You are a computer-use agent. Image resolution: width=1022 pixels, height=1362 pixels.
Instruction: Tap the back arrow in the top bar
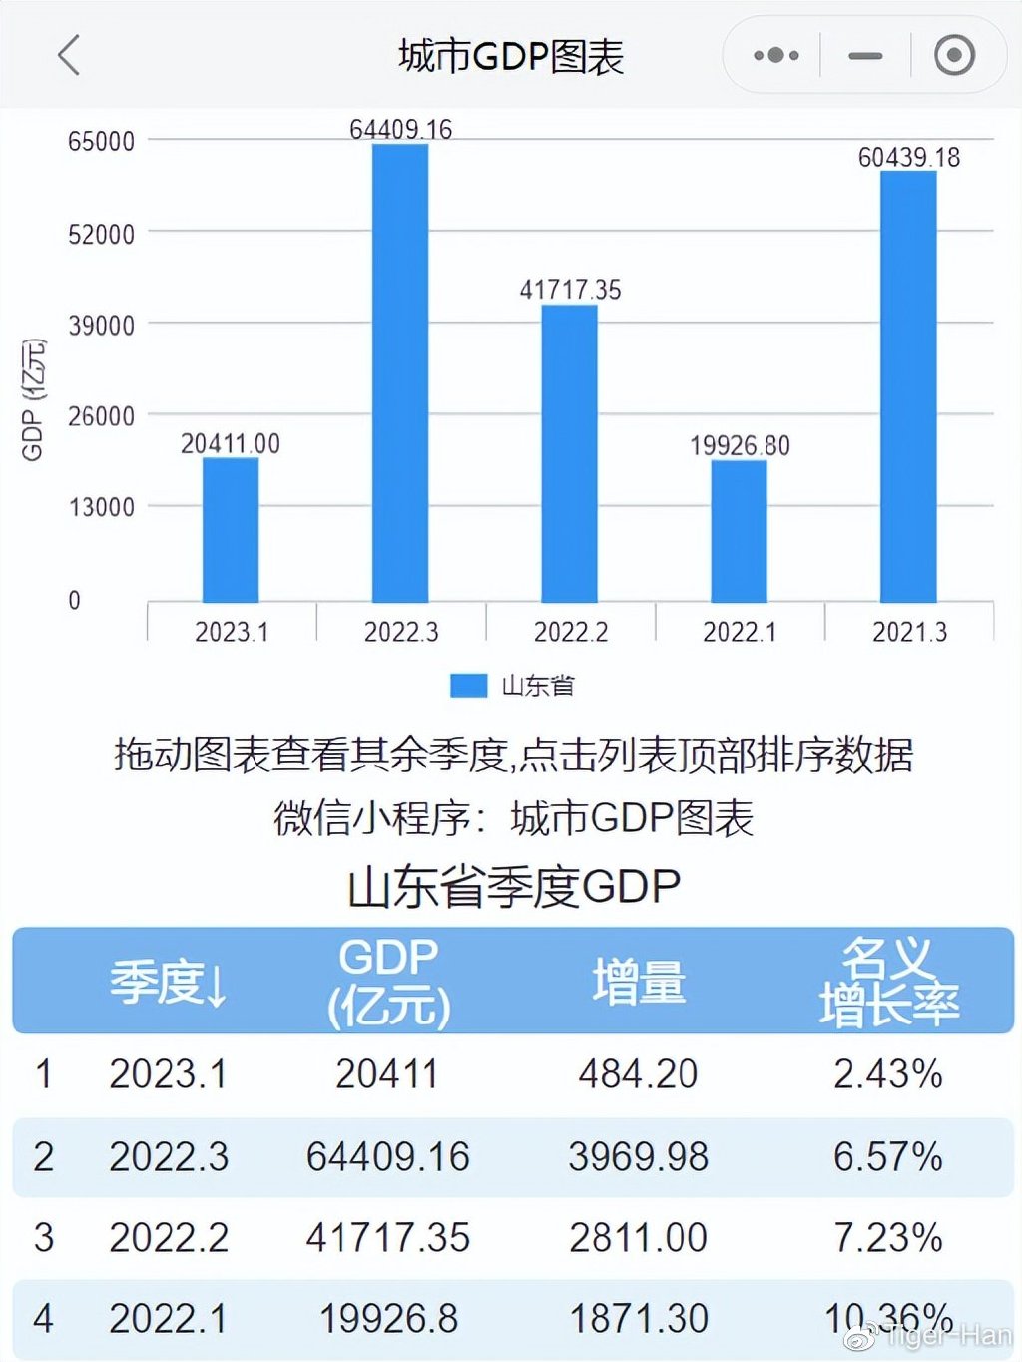(x=68, y=55)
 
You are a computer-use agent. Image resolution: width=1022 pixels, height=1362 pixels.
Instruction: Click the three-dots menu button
(x=775, y=55)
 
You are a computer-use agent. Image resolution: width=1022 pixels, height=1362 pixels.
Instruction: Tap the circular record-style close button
(x=954, y=55)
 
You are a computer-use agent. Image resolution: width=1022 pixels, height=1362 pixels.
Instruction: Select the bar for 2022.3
(x=400, y=373)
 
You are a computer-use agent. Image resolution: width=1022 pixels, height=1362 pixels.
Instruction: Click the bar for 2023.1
(x=231, y=530)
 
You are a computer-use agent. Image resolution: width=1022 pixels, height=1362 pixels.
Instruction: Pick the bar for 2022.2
(x=570, y=453)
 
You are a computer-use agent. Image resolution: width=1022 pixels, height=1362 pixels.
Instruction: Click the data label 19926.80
(x=740, y=445)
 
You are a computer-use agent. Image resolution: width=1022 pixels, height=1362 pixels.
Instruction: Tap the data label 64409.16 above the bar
(x=400, y=129)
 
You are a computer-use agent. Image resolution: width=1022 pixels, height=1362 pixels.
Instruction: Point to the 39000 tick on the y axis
(x=101, y=326)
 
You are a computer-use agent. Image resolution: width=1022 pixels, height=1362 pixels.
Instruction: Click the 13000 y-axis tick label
(x=101, y=507)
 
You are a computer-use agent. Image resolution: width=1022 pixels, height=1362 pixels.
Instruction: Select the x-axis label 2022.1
(x=740, y=632)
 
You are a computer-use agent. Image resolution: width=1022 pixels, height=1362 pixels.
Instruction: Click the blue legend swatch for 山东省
(x=468, y=685)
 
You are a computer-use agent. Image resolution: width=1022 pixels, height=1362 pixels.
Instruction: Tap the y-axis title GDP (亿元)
(x=33, y=400)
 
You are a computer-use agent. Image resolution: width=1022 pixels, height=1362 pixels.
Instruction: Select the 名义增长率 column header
(x=888, y=982)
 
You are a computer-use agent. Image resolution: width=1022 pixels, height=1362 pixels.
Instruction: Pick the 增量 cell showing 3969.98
(x=638, y=1156)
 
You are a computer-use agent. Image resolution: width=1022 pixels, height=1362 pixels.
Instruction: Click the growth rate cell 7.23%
(x=888, y=1238)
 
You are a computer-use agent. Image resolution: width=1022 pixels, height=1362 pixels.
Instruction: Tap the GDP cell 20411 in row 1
(x=387, y=1074)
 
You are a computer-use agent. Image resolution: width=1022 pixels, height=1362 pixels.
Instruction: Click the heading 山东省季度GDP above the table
(x=513, y=887)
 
